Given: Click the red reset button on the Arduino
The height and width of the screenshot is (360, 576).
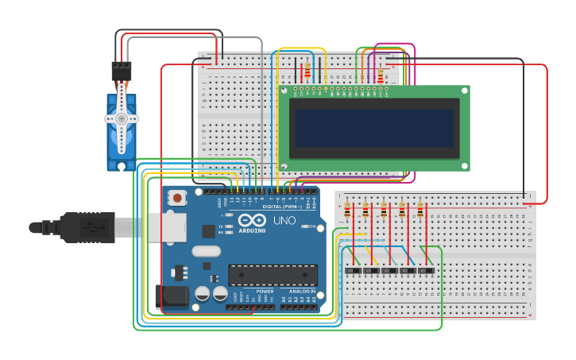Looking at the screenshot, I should pyautogui.click(x=177, y=197).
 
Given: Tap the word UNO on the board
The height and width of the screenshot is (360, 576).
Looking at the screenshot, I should pyautogui.click(x=284, y=220).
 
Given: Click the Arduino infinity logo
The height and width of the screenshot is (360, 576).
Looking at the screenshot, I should pyautogui.click(x=252, y=219).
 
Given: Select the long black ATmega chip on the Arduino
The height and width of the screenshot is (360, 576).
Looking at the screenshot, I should pyautogui.click(x=273, y=275).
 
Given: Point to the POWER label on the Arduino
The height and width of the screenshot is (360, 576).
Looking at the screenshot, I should pyautogui.click(x=265, y=292).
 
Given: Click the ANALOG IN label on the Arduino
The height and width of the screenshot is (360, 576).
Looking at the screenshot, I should pyautogui.click(x=301, y=292).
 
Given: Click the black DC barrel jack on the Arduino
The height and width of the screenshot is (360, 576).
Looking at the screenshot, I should pyautogui.click(x=172, y=296).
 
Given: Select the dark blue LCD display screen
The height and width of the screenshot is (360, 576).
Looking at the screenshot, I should pyautogui.click(x=374, y=128).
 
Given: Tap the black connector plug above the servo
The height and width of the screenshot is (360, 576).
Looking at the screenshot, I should pyautogui.click(x=122, y=72).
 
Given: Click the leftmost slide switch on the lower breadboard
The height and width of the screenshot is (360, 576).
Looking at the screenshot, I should pyautogui.click(x=353, y=271).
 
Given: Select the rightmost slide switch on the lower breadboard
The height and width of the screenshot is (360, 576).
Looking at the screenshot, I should pyautogui.click(x=426, y=271).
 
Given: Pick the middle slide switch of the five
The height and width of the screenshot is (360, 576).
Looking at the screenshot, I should pyautogui.click(x=389, y=271).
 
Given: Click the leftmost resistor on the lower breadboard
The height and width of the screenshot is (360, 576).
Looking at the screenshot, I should pyautogui.click(x=347, y=211).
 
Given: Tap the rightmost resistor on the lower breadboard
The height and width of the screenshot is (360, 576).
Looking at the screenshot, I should pyautogui.click(x=420, y=211).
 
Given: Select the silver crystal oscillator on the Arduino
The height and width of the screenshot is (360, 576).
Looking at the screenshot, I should pyautogui.click(x=206, y=251).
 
